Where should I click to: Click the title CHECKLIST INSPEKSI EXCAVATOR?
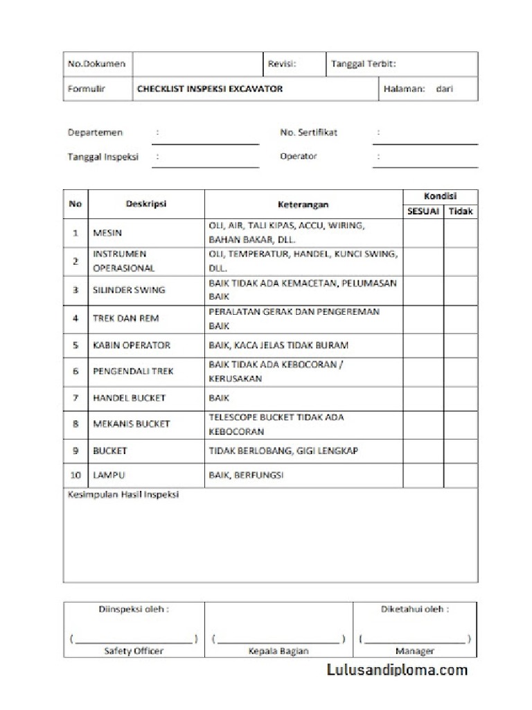209,89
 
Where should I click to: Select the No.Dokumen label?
96,64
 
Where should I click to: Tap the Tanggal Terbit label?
363,64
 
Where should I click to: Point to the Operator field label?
299,157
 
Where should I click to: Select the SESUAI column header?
423,211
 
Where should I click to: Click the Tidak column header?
461,211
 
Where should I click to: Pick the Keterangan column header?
303,205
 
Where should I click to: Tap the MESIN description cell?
107,233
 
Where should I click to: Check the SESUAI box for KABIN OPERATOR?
423,345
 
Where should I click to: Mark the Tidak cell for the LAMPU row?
461,476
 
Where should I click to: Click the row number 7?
76,398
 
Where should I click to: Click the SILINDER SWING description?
129,290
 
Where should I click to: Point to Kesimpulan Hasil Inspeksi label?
123,495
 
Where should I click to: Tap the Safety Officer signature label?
134,651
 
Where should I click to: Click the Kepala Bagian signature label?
278,651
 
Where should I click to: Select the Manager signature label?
414,651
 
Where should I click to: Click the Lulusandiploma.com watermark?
397,670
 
